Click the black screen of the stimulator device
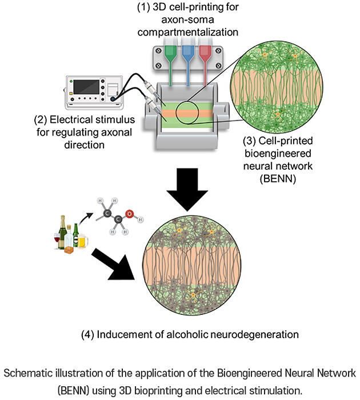[x=86, y=87]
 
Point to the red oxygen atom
[x=129, y=214]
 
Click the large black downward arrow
[x=187, y=189]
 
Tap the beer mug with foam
[x=82, y=241]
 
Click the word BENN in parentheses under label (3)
[x=278, y=178]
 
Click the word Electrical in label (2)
[x=71, y=119]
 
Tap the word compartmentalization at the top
[x=188, y=33]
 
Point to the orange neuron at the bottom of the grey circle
[x=193, y=295]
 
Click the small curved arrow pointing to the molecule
[x=85, y=219]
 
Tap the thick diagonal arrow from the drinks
[x=112, y=265]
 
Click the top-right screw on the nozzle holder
[x=218, y=51]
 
